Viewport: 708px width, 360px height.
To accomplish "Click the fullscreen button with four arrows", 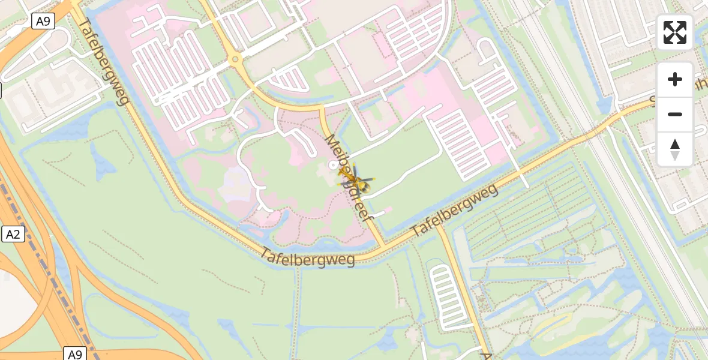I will point(675,32).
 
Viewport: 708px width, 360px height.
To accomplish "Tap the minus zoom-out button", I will point(675,114).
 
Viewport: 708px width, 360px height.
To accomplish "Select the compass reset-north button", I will point(675,149).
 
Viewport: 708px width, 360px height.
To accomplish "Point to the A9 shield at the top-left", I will point(43,22).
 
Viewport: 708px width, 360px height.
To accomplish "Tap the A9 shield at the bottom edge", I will point(74,354).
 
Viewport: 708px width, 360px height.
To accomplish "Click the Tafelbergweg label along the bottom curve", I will point(308,257).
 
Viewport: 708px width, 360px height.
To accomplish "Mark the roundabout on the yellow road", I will point(235,59).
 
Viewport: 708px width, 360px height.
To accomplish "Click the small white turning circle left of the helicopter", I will point(332,164).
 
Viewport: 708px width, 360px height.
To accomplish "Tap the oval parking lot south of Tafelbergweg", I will point(444,297).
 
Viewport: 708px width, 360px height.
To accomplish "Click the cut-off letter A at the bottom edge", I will point(486,356).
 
